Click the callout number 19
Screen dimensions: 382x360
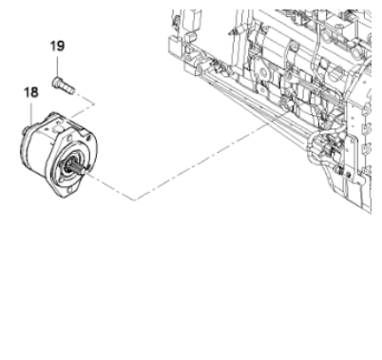coord(59,46)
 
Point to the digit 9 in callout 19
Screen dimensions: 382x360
coord(63,46)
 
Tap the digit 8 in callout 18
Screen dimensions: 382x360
coord(37,93)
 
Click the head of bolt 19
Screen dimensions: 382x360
coord(58,81)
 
